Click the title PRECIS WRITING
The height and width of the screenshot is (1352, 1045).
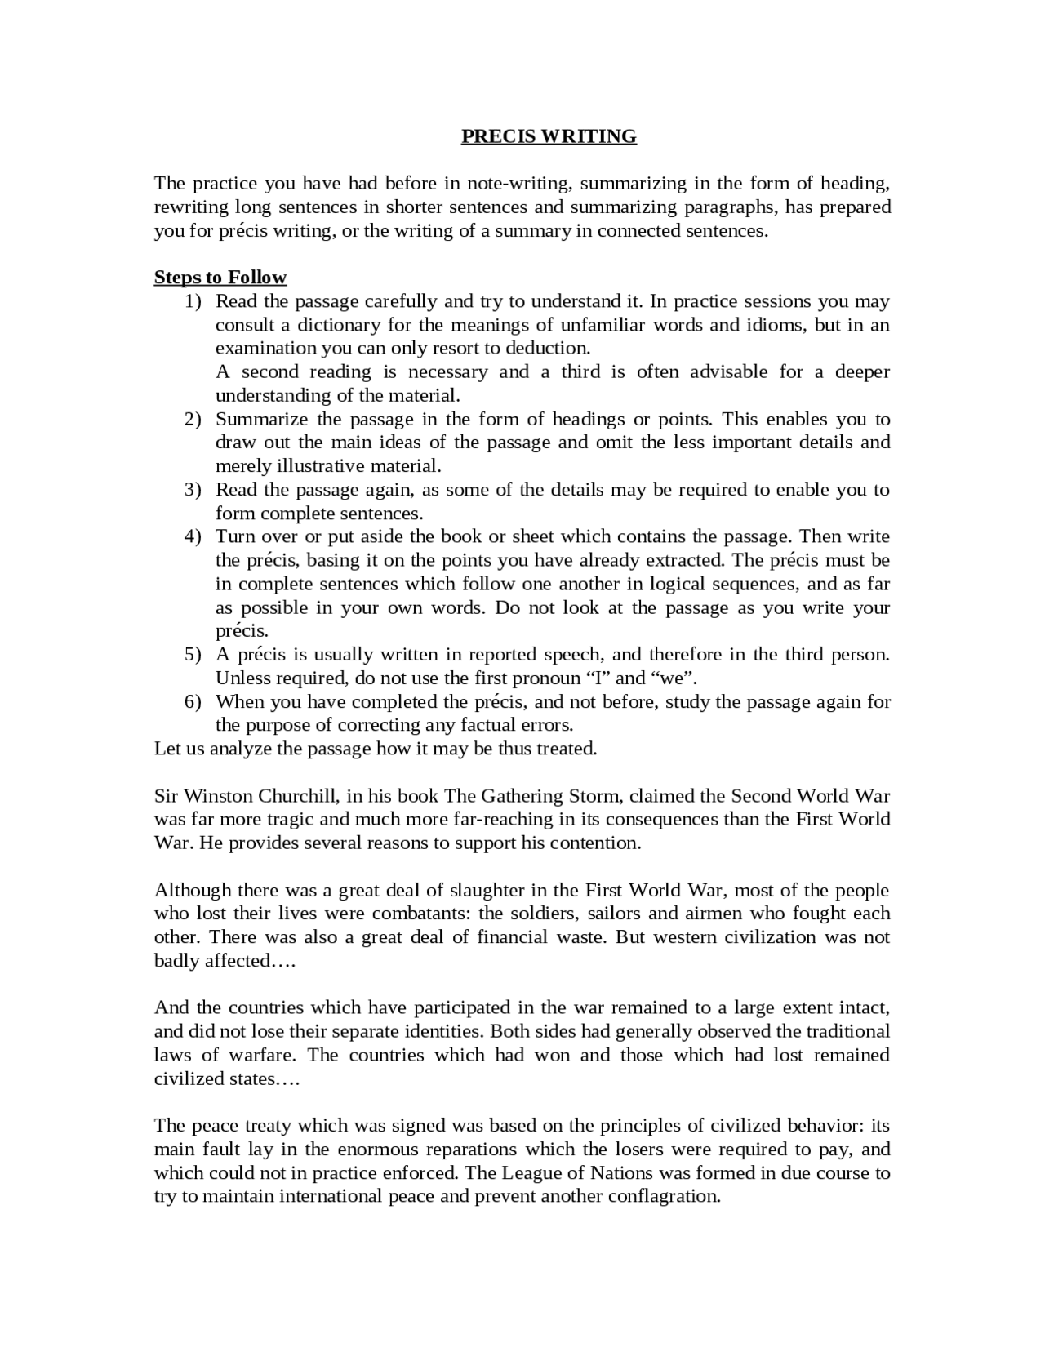pos(549,136)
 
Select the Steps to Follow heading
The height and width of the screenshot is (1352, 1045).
pos(220,278)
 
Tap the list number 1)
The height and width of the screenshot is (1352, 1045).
pos(193,301)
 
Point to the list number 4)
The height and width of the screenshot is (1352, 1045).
pos(193,536)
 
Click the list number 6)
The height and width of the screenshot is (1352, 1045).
pos(193,701)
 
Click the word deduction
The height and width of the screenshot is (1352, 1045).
pos(547,349)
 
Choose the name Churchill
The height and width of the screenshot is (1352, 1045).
pos(296,796)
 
